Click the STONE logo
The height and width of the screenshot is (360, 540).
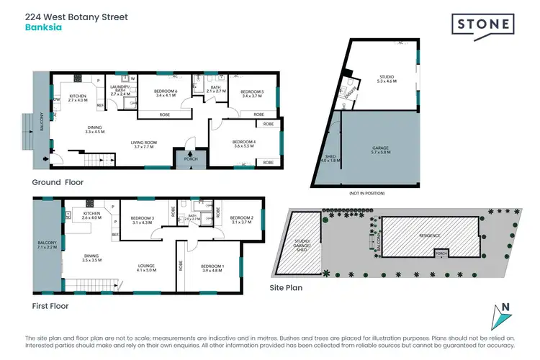(x=482, y=24)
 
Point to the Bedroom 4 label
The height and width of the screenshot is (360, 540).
(x=243, y=145)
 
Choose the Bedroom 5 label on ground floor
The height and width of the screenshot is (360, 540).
(x=252, y=94)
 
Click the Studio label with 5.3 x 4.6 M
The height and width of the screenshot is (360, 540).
(x=387, y=79)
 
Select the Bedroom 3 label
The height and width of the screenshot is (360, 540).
(x=143, y=220)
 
